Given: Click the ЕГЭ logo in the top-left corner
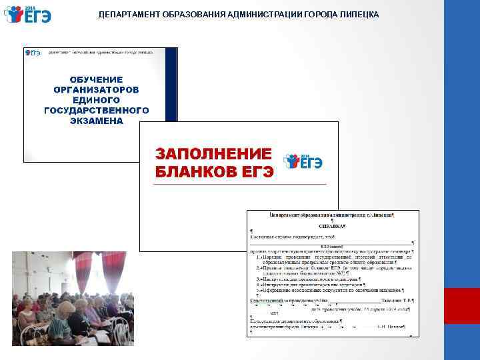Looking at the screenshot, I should click(27, 14).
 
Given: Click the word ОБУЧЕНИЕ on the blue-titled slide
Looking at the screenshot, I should click(96, 79).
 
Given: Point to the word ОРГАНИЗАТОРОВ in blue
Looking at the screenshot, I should click(96, 89).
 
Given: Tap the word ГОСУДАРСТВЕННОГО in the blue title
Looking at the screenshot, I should click(96, 111).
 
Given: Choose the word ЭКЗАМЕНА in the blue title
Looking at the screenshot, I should click(96, 121).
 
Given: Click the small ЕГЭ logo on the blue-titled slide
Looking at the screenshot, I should click(33, 52).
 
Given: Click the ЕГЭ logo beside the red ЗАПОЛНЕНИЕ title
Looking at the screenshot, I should click(303, 161).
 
